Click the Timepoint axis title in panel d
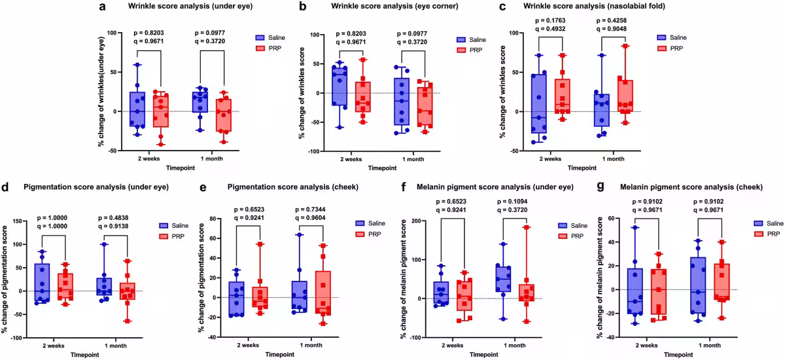coord(85,353)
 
